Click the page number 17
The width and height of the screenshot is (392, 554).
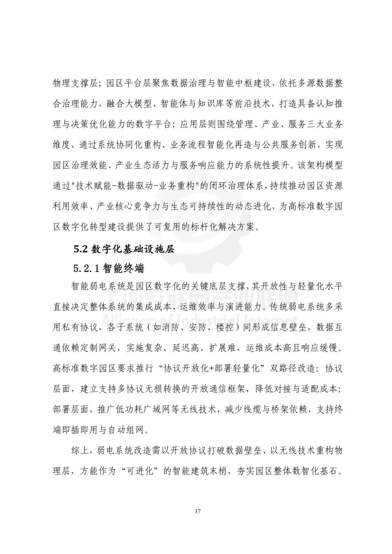[x=197, y=512]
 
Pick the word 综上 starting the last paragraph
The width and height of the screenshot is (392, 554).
[x=79, y=451]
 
